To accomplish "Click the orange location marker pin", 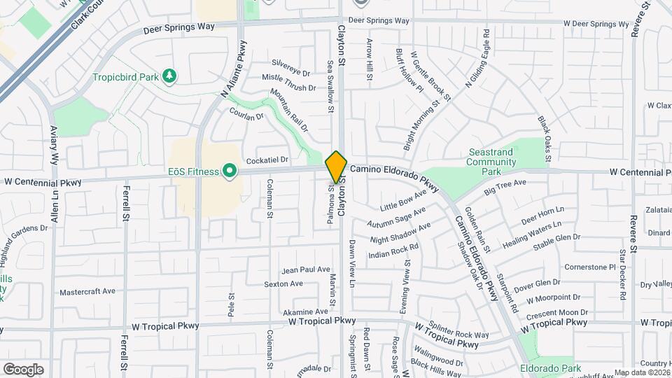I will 337,167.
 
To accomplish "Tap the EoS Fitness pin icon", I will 229,171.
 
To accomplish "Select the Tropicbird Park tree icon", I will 168,75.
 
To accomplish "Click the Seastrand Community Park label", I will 490,162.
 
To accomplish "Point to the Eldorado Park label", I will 550,368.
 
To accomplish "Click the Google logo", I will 23,369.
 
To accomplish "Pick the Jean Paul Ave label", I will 305,269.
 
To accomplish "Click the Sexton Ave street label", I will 283,283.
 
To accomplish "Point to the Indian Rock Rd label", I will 393,251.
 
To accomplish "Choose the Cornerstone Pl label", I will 589,267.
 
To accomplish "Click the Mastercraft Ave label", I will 87,291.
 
